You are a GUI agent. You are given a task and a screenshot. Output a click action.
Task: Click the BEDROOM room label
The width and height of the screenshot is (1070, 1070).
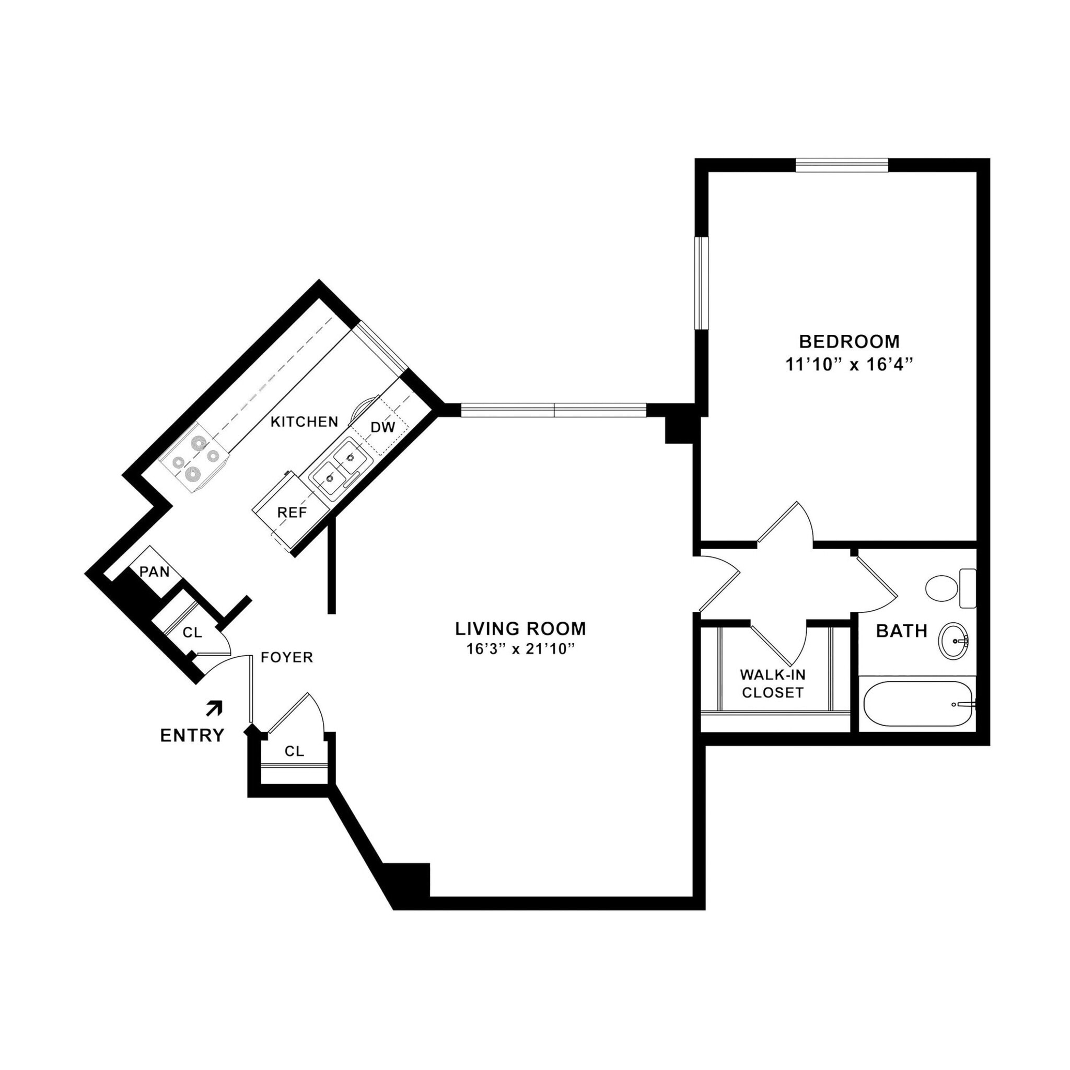pos(848,341)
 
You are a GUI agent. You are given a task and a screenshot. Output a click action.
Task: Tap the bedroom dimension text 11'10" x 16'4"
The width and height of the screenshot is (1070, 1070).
pos(848,365)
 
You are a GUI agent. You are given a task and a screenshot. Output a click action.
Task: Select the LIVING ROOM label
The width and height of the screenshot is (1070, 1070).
pos(520,629)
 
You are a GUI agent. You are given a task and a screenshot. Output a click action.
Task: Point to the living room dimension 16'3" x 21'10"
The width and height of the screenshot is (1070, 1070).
pos(518,649)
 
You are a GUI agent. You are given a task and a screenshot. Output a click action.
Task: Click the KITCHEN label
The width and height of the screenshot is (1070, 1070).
pos(304,422)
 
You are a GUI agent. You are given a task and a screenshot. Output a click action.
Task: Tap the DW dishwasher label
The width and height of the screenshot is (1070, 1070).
pos(382,427)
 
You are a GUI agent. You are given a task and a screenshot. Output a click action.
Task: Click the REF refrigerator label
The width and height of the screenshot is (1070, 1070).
pos(292,513)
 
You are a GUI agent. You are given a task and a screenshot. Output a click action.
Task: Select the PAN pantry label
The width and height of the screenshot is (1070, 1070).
pos(154,571)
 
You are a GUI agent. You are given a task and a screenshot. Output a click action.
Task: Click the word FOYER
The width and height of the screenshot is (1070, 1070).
pos(287,657)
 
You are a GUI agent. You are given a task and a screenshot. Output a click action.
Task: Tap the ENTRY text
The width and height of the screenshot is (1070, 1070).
pos(192,736)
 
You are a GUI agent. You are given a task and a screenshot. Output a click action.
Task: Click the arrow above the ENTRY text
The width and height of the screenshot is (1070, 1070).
pos(214,708)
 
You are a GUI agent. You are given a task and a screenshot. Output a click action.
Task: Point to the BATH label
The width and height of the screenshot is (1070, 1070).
pos(902,631)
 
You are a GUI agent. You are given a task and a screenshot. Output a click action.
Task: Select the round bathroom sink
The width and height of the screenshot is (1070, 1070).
pos(952,640)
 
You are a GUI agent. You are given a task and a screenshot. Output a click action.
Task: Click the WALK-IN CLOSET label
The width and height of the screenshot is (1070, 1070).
pos(773,683)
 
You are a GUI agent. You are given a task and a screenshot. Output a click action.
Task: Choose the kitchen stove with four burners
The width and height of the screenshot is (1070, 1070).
pos(194,458)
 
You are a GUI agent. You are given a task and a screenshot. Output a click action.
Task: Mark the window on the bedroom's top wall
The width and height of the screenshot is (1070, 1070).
pos(841,165)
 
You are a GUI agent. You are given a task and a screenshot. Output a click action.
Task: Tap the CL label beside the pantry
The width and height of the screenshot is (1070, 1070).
pos(192,633)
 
